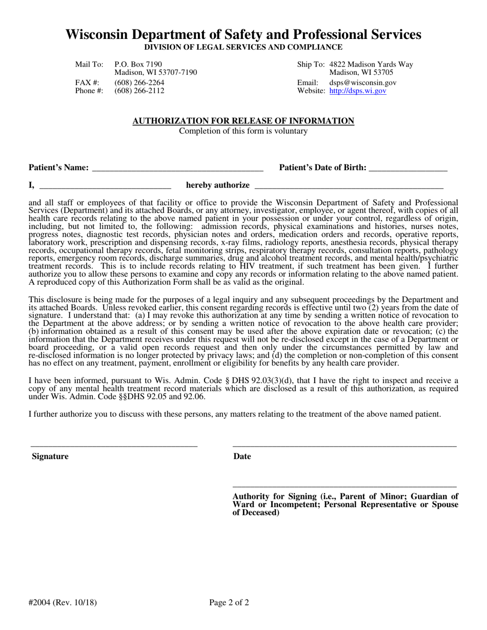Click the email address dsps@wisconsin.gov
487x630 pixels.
tap(362, 82)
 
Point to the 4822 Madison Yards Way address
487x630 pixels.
tap(371, 64)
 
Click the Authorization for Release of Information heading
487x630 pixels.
tap(243, 121)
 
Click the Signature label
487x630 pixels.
tap(50, 456)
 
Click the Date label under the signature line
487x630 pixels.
tap(242, 456)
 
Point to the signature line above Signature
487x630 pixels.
tap(114, 446)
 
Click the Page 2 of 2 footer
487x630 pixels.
tap(229, 602)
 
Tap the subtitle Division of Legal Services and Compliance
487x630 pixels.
tap(243, 47)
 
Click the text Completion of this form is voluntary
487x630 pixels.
tap(243, 131)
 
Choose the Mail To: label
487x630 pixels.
tap(89, 64)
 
